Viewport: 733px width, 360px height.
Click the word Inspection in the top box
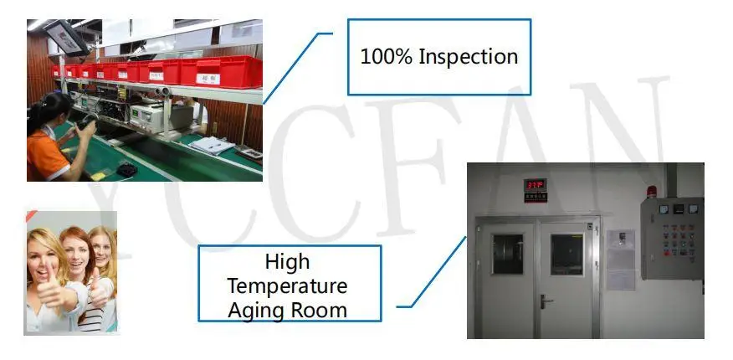[x=468, y=58]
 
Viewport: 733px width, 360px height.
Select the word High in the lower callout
[x=287, y=262]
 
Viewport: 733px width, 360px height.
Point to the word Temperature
[x=287, y=285]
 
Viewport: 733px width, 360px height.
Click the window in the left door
[x=506, y=254]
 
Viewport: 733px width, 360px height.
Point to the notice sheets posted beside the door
[x=620, y=259]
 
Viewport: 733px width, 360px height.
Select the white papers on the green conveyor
[x=210, y=146]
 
